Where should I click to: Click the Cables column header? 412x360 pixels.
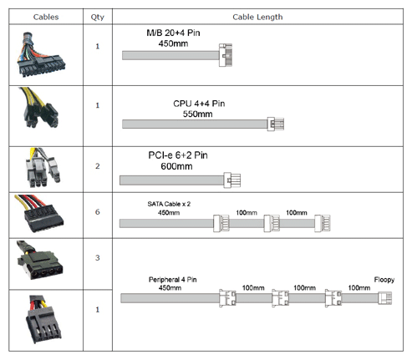pos(46,17)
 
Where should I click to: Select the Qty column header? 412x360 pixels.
pos(98,18)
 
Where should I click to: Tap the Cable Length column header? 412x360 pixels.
pos(257,18)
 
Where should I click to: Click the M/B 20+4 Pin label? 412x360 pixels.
pos(173,33)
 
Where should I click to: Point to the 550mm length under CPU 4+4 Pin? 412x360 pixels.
pos(197,114)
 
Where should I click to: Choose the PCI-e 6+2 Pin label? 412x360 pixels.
pos(178,155)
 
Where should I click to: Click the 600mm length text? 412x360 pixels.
pos(176,166)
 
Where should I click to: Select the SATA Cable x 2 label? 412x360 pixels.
pos(169,204)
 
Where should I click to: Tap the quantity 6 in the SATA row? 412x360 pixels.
pos(98,212)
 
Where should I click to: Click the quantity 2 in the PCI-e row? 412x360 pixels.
pos(98,166)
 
